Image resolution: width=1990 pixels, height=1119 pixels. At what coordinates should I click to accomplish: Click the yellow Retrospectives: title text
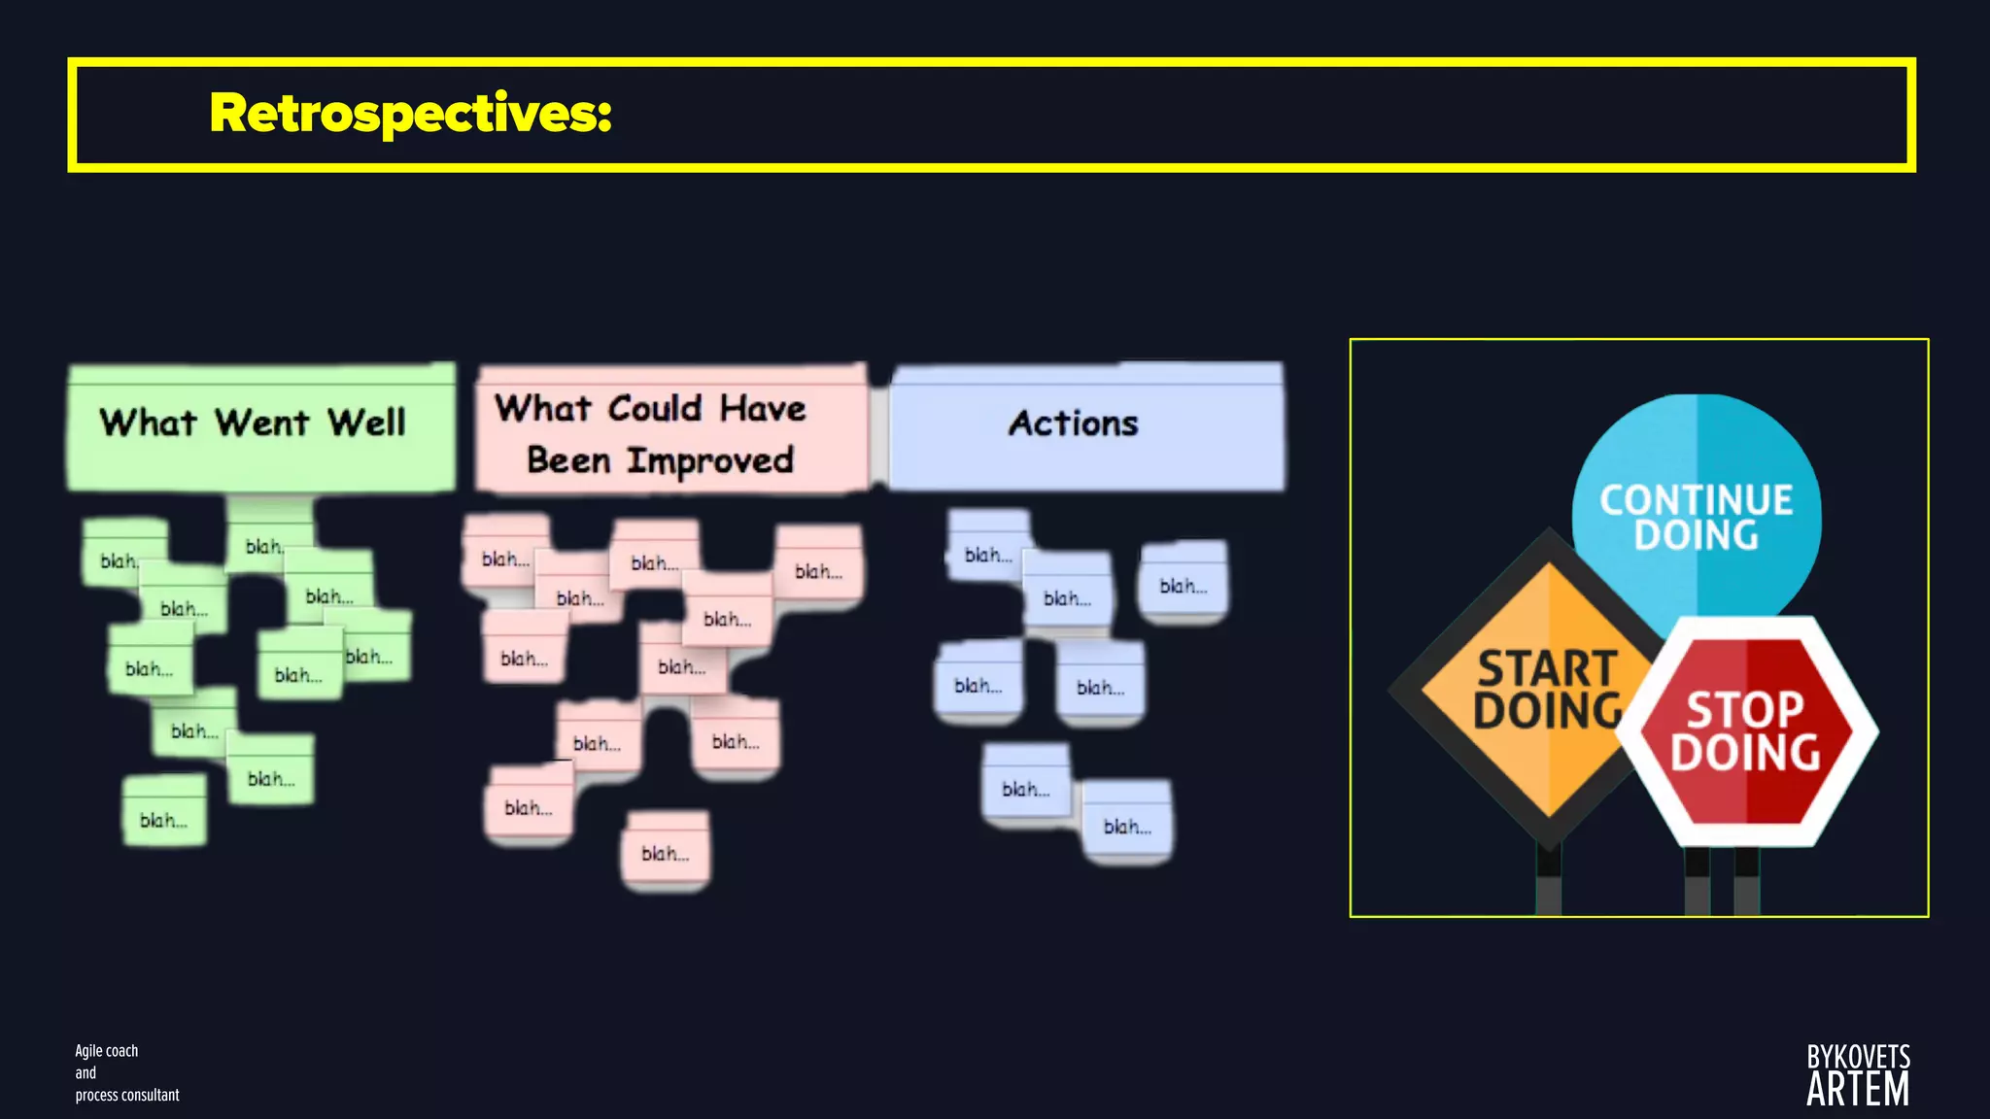pyautogui.click(x=410, y=114)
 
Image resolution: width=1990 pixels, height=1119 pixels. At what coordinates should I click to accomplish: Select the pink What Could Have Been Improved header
pyautogui.click(x=670, y=431)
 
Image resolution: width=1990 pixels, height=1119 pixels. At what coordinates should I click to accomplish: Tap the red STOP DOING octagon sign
pyautogui.click(x=1745, y=730)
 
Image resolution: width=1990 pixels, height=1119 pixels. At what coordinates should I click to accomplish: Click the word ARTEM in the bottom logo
pyautogui.click(x=1857, y=1090)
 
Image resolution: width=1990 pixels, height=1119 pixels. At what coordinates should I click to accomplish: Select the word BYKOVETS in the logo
pyautogui.click(x=1858, y=1057)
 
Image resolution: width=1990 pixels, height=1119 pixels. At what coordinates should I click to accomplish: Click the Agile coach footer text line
pyautogui.click(x=107, y=1051)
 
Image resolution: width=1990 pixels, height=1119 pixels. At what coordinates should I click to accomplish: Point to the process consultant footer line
pyautogui.click(x=127, y=1095)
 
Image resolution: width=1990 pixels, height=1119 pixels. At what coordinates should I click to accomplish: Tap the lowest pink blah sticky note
pyautogui.click(x=666, y=852)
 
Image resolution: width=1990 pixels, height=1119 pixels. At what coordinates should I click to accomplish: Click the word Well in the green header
pyautogui.click(x=366, y=424)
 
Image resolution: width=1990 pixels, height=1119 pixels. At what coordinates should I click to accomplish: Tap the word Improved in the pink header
pyautogui.click(x=709, y=460)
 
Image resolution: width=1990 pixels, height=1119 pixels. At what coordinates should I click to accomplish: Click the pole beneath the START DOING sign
pyautogui.click(x=1548, y=879)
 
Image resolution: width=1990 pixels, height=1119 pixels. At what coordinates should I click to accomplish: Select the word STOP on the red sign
pyautogui.click(x=1745, y=710)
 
